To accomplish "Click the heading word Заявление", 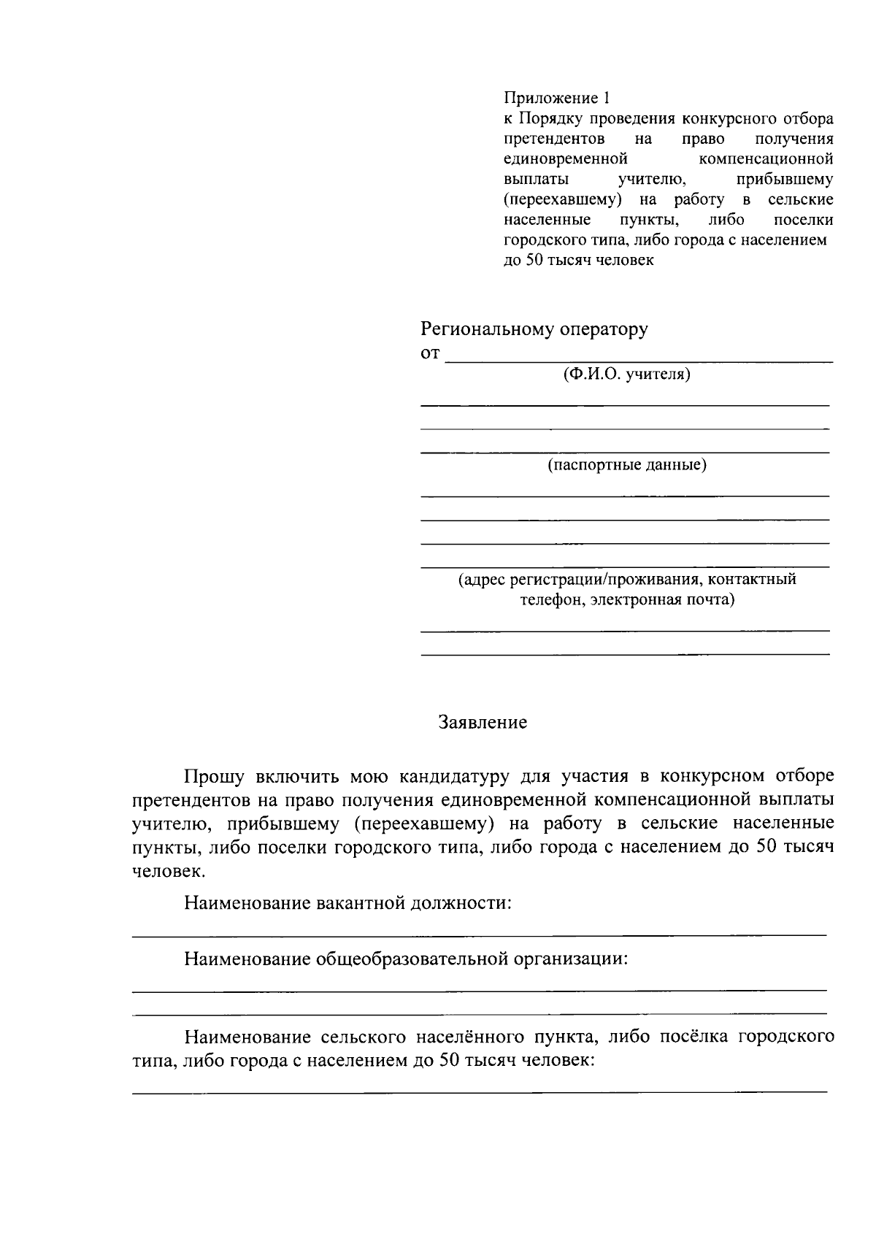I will click(x=483, y=723).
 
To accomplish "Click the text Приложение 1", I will click(x=556, y=98).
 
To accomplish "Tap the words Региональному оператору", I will click(x=534, y=329).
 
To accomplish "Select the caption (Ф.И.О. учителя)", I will click(x=626, y=375).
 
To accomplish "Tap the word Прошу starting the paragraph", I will click(x=212, y=775).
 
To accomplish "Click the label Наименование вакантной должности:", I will click(x=347, y=903).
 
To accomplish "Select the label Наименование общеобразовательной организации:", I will click(x=406, y=959).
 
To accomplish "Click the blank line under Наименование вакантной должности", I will click(x=479, y=934).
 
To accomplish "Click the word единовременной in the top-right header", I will click(x=566, y=158).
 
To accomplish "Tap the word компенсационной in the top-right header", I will click(x=766, y=158).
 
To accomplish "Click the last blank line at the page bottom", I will click(x=479, y=1091).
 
